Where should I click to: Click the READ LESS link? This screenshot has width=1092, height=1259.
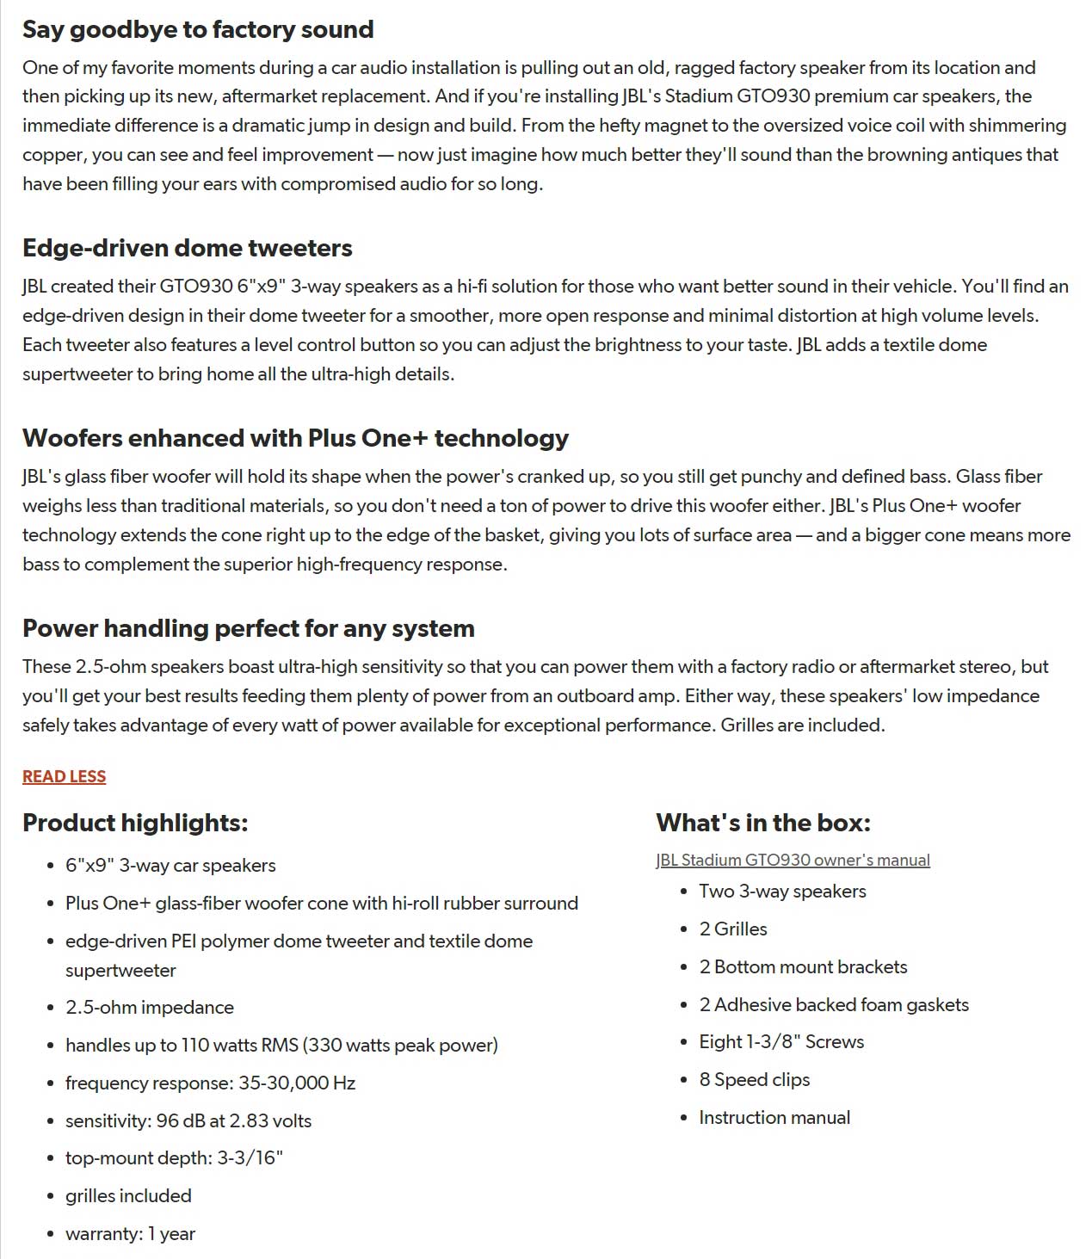[x=64, y=776]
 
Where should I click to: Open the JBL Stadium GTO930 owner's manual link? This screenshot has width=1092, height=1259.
[x=793, y=860]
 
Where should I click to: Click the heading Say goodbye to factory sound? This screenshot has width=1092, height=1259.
[x=198, y=29]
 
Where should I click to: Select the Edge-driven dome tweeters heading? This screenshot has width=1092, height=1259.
[x=187, y=248]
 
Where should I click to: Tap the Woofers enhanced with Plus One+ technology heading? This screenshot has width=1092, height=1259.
[x=295, y=438]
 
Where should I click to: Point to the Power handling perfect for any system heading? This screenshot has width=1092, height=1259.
[x=248, y=628]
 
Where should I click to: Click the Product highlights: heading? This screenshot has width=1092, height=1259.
[x=135, y=823]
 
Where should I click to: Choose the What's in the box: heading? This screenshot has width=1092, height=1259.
[x=762, y=823]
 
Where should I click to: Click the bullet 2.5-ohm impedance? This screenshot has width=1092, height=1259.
[x=150, y=1007]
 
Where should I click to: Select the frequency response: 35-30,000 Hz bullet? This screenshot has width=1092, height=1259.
[x=210, y=1083]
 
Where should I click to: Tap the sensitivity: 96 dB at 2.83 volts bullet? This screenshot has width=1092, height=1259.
[x=188, y=1120]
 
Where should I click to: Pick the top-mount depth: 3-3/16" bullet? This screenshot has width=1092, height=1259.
[x=174, y=1157]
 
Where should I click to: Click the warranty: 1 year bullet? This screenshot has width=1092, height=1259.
[x=130, y=1233]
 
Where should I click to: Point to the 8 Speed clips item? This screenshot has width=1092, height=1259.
[x=755, y=1079]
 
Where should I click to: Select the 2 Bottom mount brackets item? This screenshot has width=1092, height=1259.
[x=803, y=966]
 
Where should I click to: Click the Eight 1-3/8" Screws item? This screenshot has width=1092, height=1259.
[x=781, y=1041]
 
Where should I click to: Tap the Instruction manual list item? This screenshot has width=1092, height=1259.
[x=774, y=1117]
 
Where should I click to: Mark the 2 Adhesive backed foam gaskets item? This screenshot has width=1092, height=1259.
[x=834, y=1004]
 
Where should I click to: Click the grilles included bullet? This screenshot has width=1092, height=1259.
[x=128, y=1195]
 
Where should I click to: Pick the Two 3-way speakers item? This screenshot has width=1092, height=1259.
[x=782, y=891]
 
